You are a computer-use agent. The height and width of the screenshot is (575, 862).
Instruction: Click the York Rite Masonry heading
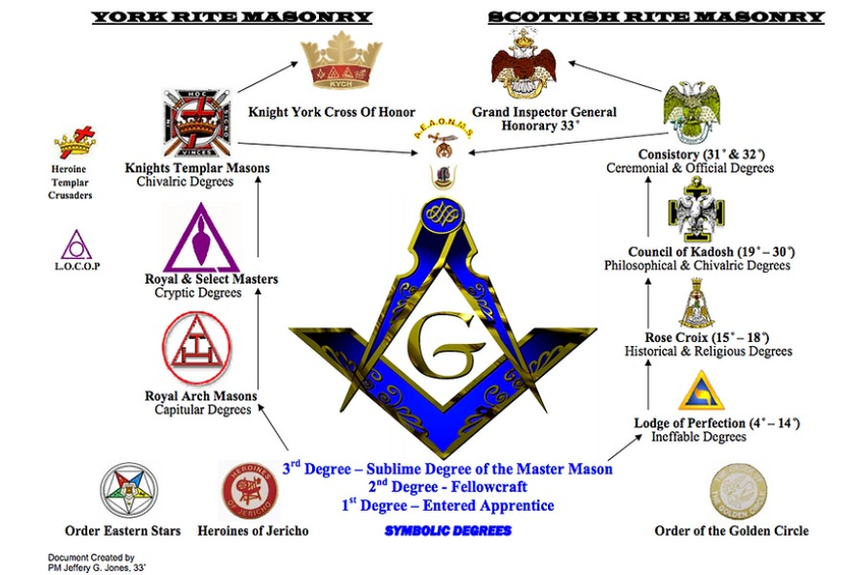click(x=232, y=16)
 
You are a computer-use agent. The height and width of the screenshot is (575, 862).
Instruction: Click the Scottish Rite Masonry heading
click(x=655, y=16)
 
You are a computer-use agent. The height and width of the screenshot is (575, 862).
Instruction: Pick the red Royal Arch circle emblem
click(x=197, y=349)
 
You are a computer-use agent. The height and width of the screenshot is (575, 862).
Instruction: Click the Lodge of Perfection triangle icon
click(x=695, y=390)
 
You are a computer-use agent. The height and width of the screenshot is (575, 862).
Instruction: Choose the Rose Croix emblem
click(x=696, y=304)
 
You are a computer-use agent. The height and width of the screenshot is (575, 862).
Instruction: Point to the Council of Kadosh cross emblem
click(x=696, y=208)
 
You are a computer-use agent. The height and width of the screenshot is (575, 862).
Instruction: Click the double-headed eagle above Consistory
click(x=692, y=114)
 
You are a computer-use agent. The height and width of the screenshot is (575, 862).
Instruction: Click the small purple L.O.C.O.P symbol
click(x=77, y=244)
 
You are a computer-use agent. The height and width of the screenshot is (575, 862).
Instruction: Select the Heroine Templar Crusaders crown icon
click(x=74, y=145)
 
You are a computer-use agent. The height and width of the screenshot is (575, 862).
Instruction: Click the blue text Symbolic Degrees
click(x=447, y=530)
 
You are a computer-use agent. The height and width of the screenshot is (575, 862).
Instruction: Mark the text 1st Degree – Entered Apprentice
click(x=447, y=505)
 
